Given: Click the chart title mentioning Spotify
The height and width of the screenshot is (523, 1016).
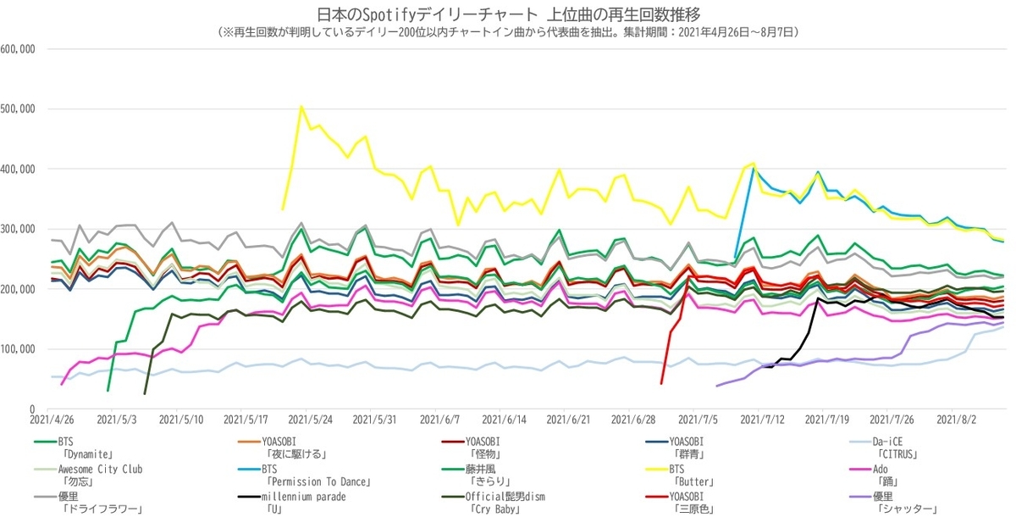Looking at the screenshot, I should point(507,14).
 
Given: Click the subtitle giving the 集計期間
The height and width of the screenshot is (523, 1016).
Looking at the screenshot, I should point(507,32).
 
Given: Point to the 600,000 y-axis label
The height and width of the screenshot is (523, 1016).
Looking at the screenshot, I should point(18,49).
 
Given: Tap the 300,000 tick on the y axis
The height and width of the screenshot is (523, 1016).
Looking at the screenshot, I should point(18,229).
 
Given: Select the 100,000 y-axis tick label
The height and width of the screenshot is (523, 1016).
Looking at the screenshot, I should point(18,349).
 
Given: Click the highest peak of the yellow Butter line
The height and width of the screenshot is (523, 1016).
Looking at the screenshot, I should point(301,107).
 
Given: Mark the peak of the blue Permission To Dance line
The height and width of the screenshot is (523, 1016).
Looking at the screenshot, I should point(754,169).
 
